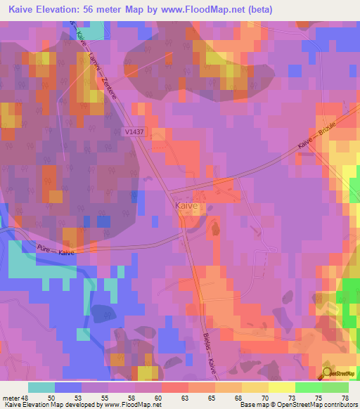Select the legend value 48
(x=27, y=398)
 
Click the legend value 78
(x=345, y=398)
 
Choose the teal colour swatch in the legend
(x=41, y=387)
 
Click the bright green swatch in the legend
(x=309, y=387)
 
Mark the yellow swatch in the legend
(x=281, y=387)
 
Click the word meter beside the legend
(x=11, y=398)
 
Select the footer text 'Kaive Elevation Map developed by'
(x=52, y=405)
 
